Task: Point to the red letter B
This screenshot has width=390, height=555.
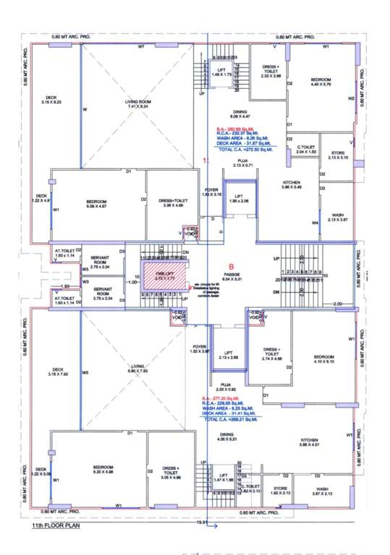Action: [x=232, y=264]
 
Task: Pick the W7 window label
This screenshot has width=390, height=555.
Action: [x=142, y=46]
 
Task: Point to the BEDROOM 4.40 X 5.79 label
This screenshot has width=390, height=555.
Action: [x=321, y=82]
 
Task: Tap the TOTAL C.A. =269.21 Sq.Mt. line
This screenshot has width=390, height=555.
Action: [x=230, y=418]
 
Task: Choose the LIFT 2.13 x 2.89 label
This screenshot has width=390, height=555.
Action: [x=227, y=356]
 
